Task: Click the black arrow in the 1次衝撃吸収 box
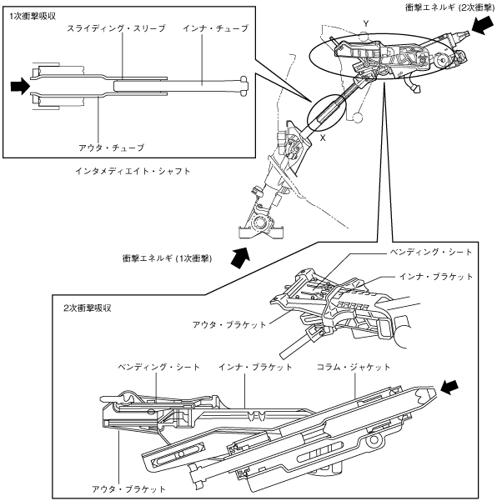(19, 85)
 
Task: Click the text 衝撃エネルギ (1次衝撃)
(166, 258)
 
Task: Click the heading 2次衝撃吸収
(88, 308)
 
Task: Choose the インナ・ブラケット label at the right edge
(435, 276)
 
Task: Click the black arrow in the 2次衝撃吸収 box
(450, 385)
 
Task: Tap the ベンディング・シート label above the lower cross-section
(157, 366)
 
